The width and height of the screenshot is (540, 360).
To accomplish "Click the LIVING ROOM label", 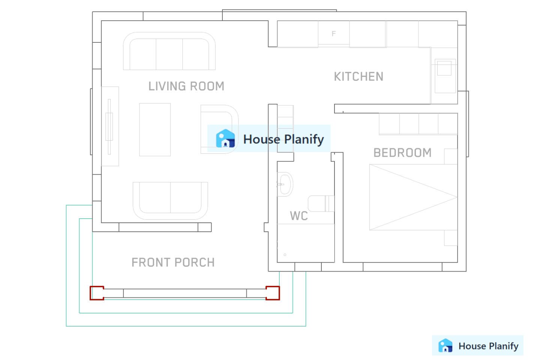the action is (186, 86).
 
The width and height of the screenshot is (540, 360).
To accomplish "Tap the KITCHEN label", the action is (358, 76).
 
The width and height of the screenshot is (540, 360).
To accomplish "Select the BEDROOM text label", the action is (402, 153).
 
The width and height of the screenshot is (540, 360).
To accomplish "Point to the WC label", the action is (298, 216).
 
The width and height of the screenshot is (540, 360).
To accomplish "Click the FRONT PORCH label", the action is (173, 262).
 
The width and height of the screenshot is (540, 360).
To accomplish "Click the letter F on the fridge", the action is (334, 33).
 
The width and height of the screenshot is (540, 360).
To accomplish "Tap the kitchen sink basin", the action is (444, 68).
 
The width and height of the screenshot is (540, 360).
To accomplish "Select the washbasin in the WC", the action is (285, 184).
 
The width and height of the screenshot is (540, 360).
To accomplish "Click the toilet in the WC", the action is (321, 204).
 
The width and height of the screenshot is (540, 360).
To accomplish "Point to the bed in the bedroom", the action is (413, 197).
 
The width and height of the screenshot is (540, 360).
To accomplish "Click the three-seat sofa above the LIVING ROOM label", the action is (169, 51).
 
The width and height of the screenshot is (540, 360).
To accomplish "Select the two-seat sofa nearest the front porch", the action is (170, 201).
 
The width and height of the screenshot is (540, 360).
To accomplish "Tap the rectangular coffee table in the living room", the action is (155, 129).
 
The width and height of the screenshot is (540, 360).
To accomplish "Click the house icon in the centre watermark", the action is (225, 138).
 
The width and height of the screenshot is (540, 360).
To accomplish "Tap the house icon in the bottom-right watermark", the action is (445, 345).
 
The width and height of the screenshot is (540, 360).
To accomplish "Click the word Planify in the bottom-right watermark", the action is (504, 346).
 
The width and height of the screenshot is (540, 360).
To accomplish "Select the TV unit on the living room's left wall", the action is (110, 126).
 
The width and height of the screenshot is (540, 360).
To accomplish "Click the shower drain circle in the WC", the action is (285, 255).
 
